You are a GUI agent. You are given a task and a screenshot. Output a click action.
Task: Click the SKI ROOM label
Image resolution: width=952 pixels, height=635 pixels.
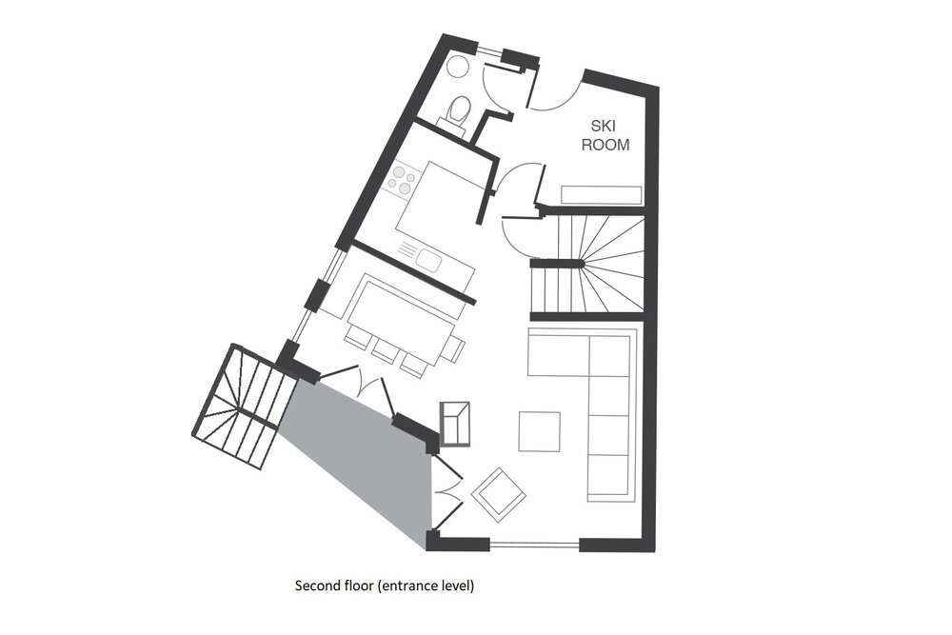click(x=605, y=135)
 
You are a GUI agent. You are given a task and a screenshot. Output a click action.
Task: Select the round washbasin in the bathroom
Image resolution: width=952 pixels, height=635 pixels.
click(x=457, y=67)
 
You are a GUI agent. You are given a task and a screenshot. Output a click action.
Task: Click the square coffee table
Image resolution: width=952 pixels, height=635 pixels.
click(x=539, y=431)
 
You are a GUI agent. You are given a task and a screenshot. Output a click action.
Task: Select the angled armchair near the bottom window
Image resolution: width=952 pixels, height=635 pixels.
click(x=499, y=495)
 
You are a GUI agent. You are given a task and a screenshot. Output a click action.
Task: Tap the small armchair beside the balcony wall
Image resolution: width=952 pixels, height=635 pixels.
click(x=454, y=424)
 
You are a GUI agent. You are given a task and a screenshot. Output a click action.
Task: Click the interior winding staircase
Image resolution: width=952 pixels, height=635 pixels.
click(x=587, y=265)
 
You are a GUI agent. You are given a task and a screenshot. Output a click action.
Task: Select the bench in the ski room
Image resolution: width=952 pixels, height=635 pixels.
click(x=601, y=195)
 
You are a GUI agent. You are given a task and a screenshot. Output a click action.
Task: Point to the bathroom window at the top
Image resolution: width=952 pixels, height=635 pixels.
click(x=489, y=50)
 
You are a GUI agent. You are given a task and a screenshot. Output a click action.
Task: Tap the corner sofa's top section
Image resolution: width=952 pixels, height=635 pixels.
click(x=559, y=352)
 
